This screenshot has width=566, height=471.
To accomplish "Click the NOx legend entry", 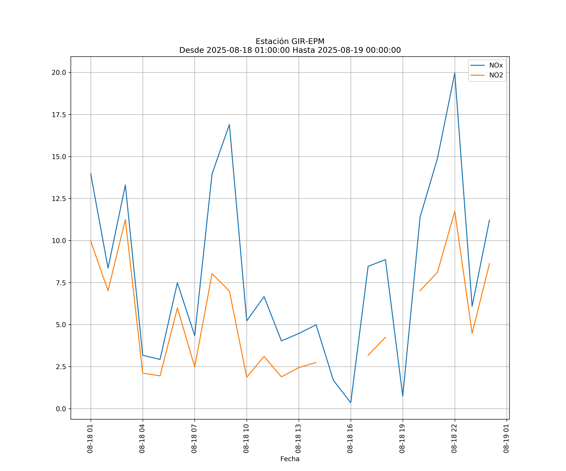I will [496, 65].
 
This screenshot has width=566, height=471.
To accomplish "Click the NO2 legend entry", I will [496, 75].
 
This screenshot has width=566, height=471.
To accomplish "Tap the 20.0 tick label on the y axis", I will [59, 73].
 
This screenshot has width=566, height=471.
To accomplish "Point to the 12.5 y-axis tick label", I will [59, 199].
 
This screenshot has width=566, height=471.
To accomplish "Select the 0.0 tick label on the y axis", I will [61, 409].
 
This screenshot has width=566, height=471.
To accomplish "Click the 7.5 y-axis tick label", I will [61, 283].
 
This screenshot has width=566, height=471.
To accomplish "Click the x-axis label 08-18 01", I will [90, 439].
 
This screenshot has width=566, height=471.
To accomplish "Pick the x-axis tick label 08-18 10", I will [246, 439].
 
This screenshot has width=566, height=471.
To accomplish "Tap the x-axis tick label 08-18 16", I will [350, 439].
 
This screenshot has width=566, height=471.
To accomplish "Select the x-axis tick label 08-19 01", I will [506, 439].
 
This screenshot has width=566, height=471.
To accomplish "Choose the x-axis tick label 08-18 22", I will [454, 439].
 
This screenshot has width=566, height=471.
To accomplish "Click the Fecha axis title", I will [290, 459].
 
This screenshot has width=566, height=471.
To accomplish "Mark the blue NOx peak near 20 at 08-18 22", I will [455, 73].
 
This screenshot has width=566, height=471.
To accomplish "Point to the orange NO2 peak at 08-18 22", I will [455, 211].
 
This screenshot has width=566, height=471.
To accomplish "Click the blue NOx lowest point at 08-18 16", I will [351, 403].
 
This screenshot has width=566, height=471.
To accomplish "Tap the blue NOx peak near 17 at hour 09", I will [229, 125].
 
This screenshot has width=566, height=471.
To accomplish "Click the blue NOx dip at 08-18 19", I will [403, 396].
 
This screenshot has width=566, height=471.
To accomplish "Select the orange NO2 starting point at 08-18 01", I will [91, 241].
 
